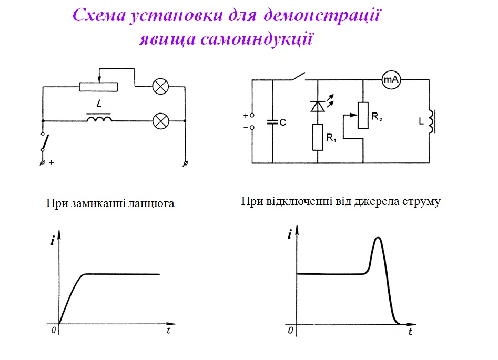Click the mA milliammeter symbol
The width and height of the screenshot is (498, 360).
point(391,79)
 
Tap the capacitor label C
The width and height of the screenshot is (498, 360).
point(283,122)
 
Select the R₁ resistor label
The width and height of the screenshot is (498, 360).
point(330,138)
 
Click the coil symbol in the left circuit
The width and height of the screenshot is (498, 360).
point(99,120)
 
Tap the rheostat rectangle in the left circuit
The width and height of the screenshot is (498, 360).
point(99,86)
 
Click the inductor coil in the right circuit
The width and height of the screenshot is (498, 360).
point(431,121)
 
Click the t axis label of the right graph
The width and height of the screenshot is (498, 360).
point(410,332)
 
